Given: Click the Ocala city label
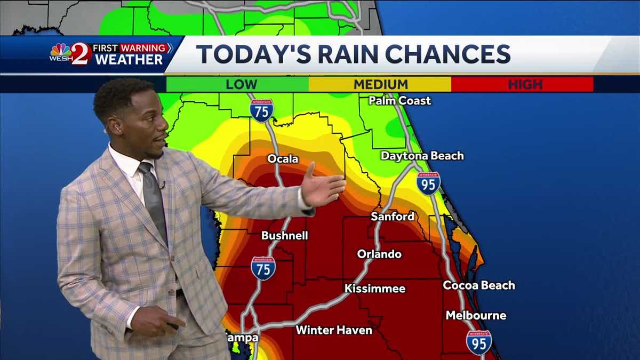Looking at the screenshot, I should pos(283,159).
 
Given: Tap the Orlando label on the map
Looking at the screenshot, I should pos(379,254).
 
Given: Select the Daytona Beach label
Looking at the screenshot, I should pos(422,156).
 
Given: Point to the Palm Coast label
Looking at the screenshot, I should pos(399,100).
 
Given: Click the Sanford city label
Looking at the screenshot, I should pos(393,217).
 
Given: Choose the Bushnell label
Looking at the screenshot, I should pos(284,236).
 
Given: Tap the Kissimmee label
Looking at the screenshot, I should pos(375,289).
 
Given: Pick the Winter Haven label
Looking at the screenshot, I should pos(334,330).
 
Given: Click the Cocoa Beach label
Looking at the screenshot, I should pos(479,285).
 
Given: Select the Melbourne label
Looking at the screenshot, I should pos(476,315).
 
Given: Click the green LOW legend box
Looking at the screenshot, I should pos(238,84).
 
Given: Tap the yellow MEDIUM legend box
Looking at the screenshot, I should pos(380,84).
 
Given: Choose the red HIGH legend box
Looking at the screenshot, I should pos(523,84).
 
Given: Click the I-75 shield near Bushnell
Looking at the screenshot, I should pos(263,268).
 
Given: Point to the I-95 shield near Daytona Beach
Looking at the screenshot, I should pos(429,183).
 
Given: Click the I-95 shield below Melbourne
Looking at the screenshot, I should pos(479,342).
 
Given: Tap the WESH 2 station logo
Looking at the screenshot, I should pos(70,54).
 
